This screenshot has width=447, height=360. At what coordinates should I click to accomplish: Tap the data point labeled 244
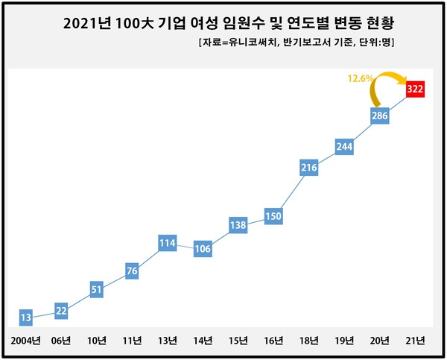(344, 146)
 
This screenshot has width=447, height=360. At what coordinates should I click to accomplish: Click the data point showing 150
(273, 217)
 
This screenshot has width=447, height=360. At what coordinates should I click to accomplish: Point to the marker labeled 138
(238, 225)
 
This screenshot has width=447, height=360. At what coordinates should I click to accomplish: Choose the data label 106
(203, 249)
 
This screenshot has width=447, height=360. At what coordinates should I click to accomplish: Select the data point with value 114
(167, 242)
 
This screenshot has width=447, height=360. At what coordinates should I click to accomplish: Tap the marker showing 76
(132, 271)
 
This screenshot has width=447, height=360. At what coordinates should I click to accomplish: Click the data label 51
(96, 290)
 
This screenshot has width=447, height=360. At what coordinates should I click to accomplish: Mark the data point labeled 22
(61, 311)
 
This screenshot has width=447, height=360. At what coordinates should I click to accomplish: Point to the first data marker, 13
(25, 318)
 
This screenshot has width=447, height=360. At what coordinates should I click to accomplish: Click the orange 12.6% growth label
(360, 77)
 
